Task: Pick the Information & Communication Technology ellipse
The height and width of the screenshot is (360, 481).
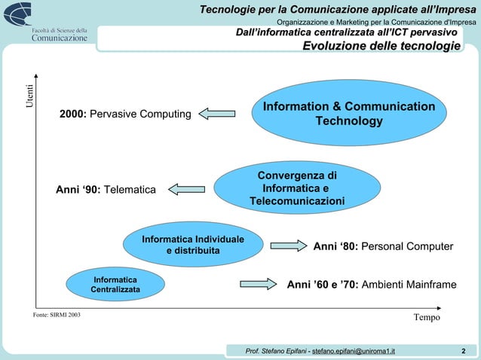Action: [x=348, y=114]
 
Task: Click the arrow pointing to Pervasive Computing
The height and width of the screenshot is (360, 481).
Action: [x=218, y=114]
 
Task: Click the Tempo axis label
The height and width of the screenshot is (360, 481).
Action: [x=426, y=318]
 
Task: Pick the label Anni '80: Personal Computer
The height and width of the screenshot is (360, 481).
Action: [x=383, y=246]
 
